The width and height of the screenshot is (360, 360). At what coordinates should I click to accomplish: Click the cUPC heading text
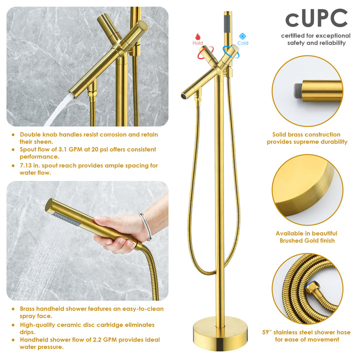pyautogui.click(x=316, y=18)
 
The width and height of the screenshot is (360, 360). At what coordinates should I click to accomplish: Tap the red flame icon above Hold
pyautogui.click(x=197, y=36)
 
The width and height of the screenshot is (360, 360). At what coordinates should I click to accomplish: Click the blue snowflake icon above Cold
pyautogui.click(x=242, y=36)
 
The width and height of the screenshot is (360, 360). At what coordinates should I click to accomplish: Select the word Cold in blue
pyautogui.click(x=243, y=43)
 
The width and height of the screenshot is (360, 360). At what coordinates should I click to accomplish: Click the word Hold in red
pyautogui.click(x=197, y=43)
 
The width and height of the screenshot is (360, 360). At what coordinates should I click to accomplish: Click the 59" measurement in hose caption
pyautogui.click(x=269, y=332)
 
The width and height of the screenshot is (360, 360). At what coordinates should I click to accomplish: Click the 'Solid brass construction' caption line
pyautogui.click(x=306, y=134)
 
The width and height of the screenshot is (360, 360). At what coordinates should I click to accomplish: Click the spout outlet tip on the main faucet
pyautogui.click(x=184, y=94)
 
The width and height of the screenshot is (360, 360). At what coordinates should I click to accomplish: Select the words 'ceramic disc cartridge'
pyautogui.click(x=82, y=324)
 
